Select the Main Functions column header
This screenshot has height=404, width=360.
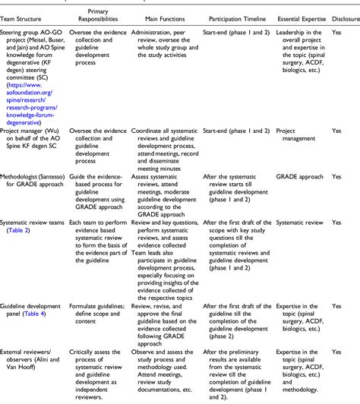[159, 16]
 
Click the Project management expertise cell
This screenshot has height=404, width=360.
[291, 134]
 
